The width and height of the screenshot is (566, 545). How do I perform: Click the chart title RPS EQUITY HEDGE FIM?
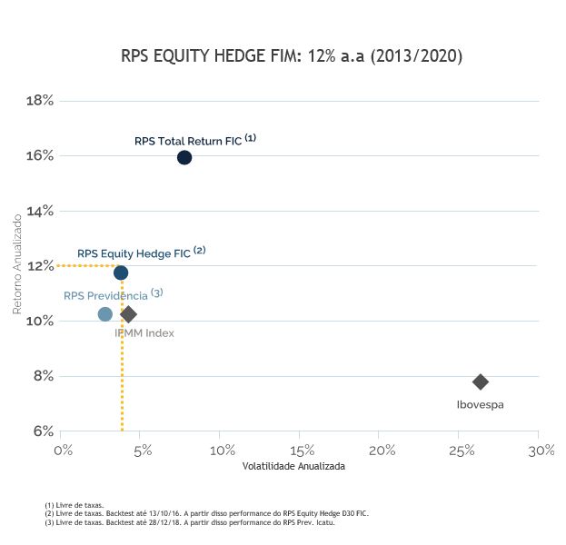292,56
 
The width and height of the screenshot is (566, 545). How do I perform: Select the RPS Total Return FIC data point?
184,157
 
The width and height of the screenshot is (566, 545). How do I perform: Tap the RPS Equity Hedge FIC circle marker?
121,272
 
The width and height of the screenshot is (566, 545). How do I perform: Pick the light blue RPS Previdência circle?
105,314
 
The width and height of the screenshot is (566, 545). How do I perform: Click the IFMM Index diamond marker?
128,314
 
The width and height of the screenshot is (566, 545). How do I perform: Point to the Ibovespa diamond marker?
481,381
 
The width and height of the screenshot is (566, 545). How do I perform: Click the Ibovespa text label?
480,404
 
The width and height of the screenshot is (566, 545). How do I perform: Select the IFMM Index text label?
144,333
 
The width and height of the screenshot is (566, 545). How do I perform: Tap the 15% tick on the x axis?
302,450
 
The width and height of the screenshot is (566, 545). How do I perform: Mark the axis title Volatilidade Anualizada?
293,466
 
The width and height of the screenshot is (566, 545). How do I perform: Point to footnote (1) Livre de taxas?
74,505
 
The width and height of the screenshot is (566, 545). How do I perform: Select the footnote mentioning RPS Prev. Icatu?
190,522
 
